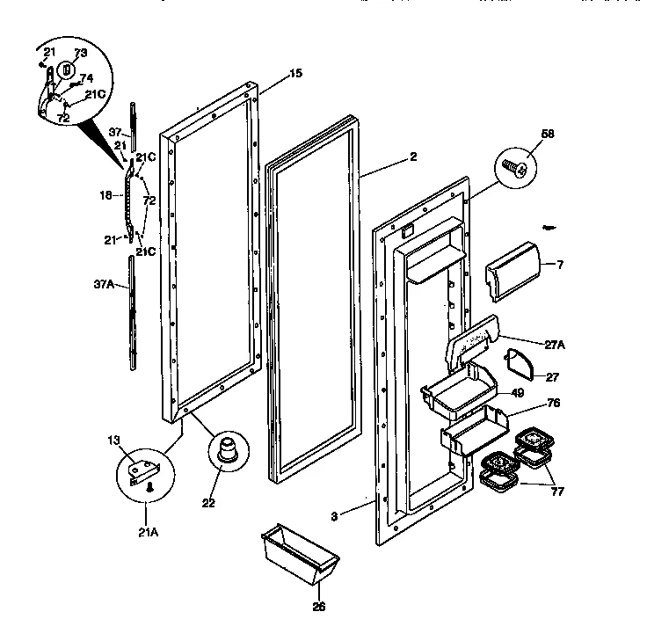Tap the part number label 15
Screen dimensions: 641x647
[295, 73]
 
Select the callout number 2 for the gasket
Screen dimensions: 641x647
[412, 157]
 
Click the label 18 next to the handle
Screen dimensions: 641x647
[105, 195]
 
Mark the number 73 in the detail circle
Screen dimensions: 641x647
[80, 54]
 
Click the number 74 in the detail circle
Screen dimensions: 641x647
[86, 77]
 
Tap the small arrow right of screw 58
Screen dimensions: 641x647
[549, 228]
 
